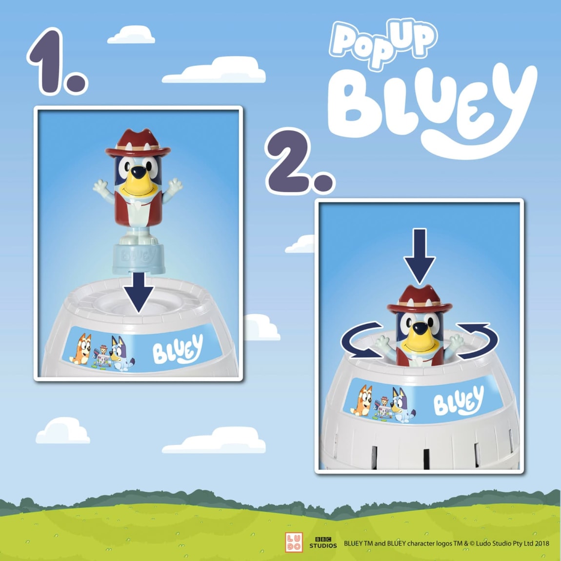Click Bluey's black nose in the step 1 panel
[139, 172]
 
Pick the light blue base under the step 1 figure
[139, 259]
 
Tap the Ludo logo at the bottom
[294, 542]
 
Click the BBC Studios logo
[323, 542]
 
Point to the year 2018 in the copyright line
[541, 543]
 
